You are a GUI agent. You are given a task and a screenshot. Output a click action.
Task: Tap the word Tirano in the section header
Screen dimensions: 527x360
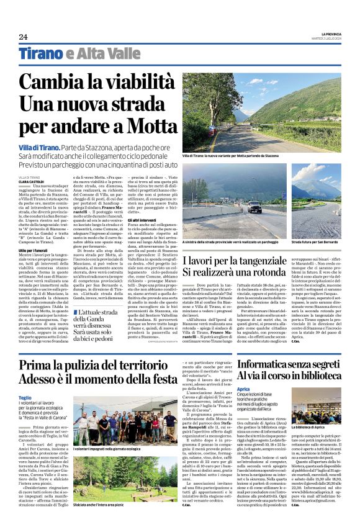(x=39, y=53)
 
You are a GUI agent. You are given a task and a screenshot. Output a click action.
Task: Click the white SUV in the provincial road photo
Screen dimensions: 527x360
(x=254, y=207)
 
